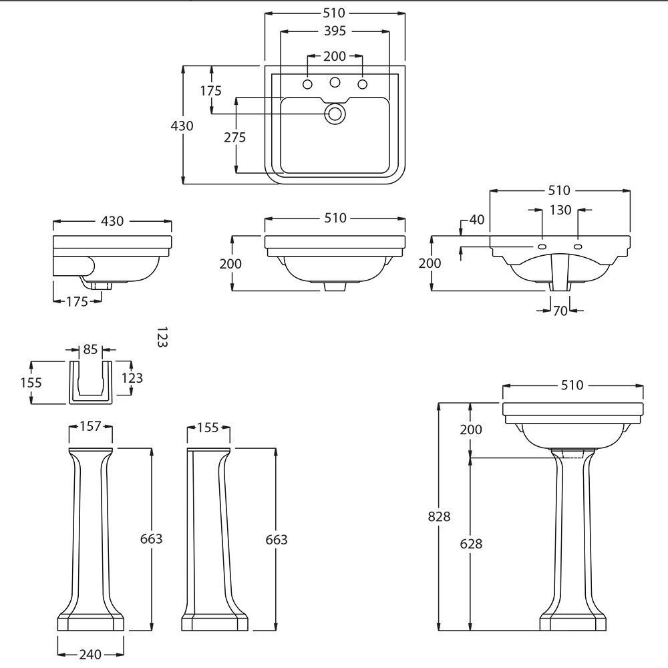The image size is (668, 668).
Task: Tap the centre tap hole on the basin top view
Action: click(335, 83)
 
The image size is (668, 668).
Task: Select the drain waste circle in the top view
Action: click(335, 114)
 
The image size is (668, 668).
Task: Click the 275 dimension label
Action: click(234, 138)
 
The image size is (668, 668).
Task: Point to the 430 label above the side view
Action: click(112, 221)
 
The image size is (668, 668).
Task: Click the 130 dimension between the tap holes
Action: click(560, 210)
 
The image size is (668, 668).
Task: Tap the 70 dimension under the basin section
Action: click(560, 311)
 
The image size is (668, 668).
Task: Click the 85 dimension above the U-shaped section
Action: click(90, 349)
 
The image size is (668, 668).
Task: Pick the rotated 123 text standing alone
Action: click(161, 337)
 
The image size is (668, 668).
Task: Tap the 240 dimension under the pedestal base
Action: click(90, 655)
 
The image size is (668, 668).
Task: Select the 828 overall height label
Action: click(440, 516)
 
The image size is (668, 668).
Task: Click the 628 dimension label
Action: click(471, 544)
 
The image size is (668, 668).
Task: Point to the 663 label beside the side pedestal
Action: click(276, 540)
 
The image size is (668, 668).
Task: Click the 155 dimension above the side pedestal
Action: click(208, 428)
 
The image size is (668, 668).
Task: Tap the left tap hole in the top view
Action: click(308, 84)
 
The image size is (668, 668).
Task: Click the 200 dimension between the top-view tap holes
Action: click(334, 57)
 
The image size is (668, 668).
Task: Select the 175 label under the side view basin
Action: click(77, 302)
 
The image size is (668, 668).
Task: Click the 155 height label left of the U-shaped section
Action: click(31, 383)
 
